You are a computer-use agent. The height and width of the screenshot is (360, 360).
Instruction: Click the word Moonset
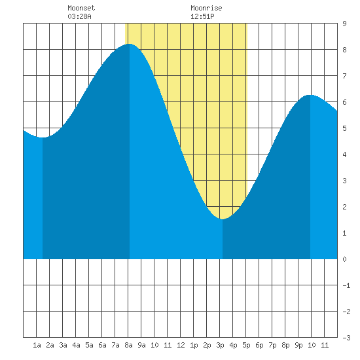81,8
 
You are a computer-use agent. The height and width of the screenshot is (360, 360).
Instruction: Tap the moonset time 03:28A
79,16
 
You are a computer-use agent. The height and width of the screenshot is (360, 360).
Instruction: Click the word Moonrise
206,8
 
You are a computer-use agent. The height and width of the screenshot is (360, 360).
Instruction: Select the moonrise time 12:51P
202,16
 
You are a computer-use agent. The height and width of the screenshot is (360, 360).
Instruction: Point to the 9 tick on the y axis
344,24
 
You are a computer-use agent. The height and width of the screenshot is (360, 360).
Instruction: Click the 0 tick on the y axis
344,259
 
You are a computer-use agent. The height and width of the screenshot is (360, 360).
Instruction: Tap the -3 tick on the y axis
346,338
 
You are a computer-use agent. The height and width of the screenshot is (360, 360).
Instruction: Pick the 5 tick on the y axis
344,128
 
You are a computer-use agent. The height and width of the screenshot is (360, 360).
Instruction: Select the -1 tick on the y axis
346,285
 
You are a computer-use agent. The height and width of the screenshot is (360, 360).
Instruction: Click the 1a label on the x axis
37,345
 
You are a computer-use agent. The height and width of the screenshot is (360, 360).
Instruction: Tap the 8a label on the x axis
128,345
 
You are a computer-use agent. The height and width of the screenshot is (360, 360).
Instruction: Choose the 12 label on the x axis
181,345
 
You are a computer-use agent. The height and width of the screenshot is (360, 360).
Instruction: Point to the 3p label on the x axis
220,345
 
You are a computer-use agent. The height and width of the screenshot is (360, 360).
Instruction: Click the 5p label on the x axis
246,345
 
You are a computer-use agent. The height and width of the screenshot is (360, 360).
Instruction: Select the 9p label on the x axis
298,345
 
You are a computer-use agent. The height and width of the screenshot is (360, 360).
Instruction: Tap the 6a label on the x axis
102,345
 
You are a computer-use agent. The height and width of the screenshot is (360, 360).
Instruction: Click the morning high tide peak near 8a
130,44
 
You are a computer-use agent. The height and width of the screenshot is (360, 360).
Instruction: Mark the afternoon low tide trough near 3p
223,219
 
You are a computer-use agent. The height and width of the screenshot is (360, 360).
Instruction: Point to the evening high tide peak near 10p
310,95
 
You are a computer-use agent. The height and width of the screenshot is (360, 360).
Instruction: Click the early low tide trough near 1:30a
43,137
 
